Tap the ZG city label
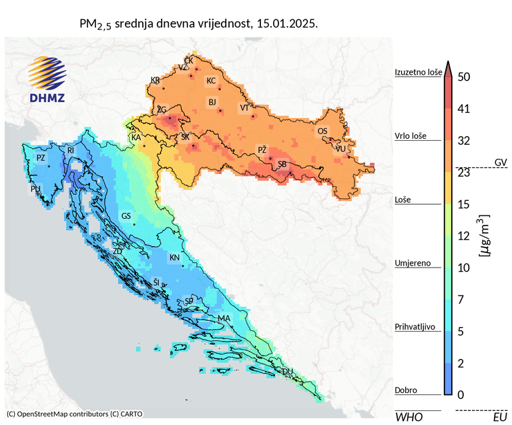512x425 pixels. (x=161, y=109)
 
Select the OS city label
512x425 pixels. (x=322, y=131)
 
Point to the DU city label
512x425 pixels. (x=288, y=371)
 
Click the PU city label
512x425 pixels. (x=35, y=189)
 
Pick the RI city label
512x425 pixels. (x=71, y=151)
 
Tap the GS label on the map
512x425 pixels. (x=126, y=216)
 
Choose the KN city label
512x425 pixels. (x=174, y=258)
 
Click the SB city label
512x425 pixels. (x=282, y=164)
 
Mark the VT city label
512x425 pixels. (x=244, y=107)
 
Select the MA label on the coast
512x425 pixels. (x=224, y=318)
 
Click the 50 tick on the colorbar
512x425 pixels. (x=465, y=77)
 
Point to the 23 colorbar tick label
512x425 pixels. (x=465, y=172)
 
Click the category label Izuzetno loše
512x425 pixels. (x=418, y=72)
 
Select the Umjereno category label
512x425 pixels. (x=414, y=263)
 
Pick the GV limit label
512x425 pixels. (x=501, y=162)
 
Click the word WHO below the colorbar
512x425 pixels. (x=409, y=417)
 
